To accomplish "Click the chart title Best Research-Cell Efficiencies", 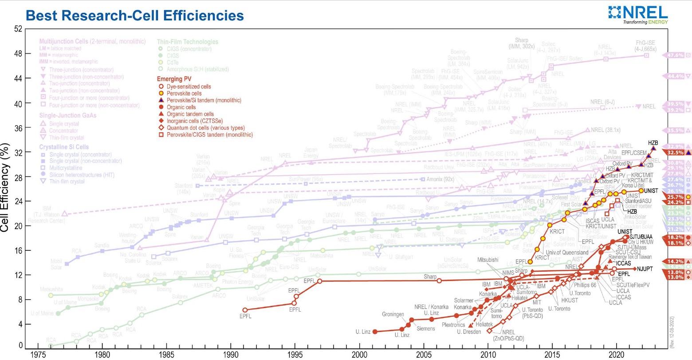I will tap(135, 16).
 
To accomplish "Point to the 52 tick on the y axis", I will tap(18, 29).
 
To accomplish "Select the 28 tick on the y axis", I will tap(18, 177).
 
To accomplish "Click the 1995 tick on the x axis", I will tap(295, 355).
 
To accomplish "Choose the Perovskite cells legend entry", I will tap(184, 94).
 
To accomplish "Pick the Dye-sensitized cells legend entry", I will tap(189, 87).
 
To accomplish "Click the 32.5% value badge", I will tap(675, 153).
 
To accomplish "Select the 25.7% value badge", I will tap(675, 197).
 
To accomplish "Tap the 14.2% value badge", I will tap(675, 261).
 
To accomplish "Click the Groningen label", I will tap(393, 314).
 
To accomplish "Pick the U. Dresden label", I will tap(469, 332).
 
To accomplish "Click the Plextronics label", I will tap(453, 325).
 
